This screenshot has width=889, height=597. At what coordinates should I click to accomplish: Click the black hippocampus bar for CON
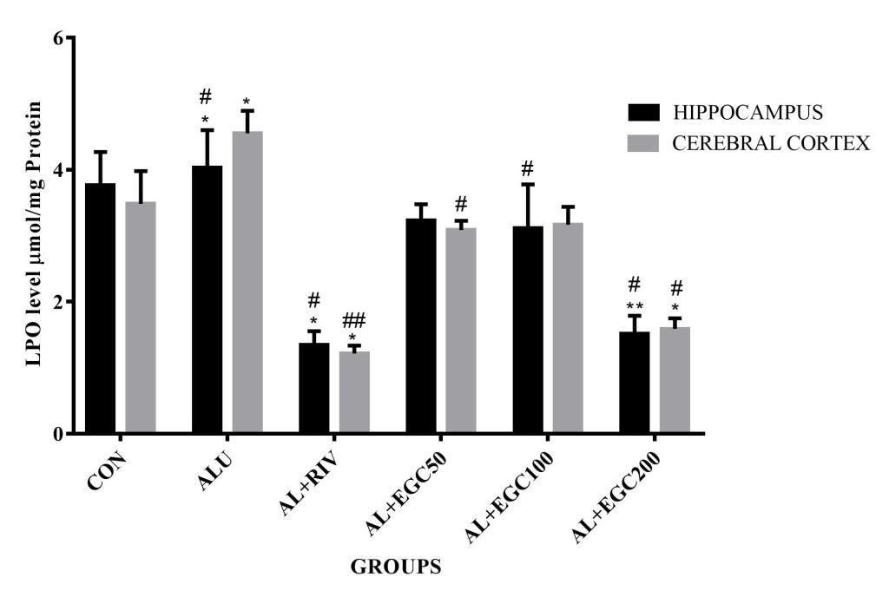coord(101,308)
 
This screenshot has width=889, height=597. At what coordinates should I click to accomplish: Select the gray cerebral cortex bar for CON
coord(141,318)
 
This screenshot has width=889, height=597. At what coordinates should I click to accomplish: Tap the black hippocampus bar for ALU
coord(207,299)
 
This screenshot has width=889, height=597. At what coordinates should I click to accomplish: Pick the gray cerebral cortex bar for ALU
coord(247,282)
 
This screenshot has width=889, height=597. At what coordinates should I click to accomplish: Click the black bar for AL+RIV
coord(314,388)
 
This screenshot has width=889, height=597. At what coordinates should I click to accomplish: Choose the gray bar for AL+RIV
coord(354,392)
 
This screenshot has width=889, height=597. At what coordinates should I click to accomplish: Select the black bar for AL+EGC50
coord(421,325)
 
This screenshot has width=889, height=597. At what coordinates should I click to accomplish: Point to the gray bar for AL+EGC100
coord(568,328)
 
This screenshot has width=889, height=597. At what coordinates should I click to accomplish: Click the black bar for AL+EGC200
coord(635,383)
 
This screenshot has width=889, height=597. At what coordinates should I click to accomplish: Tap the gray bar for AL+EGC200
coord(675,380)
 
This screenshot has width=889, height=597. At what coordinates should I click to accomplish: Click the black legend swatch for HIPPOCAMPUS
coord(643,112)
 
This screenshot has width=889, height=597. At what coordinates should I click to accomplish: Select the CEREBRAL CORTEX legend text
coord(771,143)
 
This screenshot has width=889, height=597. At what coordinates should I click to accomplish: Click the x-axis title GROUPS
coord(396,567)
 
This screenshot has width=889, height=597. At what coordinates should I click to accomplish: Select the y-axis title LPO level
coord(34,234)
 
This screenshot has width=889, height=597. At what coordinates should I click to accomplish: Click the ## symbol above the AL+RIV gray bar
coord(354,321)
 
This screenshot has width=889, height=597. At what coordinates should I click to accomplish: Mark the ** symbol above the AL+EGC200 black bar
coord(635,305)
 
